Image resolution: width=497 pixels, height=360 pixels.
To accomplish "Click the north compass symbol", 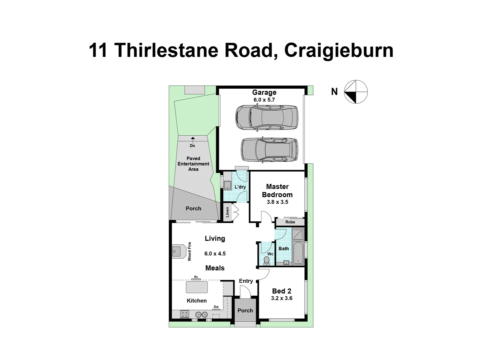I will point(356,92).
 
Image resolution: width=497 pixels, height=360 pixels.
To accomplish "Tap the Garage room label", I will point(264,92).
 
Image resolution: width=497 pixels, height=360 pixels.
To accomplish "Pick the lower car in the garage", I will point(269,150).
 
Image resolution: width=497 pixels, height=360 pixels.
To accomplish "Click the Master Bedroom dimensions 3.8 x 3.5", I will point(277,202).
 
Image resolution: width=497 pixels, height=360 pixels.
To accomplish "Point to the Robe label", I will point(290,222).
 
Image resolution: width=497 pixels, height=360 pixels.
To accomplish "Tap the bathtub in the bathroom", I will point(298,252).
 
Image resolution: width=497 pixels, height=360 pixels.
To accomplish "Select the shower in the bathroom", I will point(298,234).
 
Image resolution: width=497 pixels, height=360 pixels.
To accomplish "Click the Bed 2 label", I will point(281,291).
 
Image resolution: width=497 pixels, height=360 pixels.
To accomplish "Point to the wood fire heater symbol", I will point(179,251).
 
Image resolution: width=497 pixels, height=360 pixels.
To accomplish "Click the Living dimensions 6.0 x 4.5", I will point(215,254).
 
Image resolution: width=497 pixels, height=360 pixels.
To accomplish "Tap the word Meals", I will point(215,268).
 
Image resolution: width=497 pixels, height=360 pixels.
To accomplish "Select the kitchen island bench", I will point(197,287).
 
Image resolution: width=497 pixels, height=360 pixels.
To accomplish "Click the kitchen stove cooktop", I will point(184,314).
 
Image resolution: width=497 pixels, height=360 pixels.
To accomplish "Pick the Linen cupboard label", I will point(228,212).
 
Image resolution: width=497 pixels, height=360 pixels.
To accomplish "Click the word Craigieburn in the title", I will point(339,50).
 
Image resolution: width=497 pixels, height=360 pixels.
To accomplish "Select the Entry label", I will point(246,281).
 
